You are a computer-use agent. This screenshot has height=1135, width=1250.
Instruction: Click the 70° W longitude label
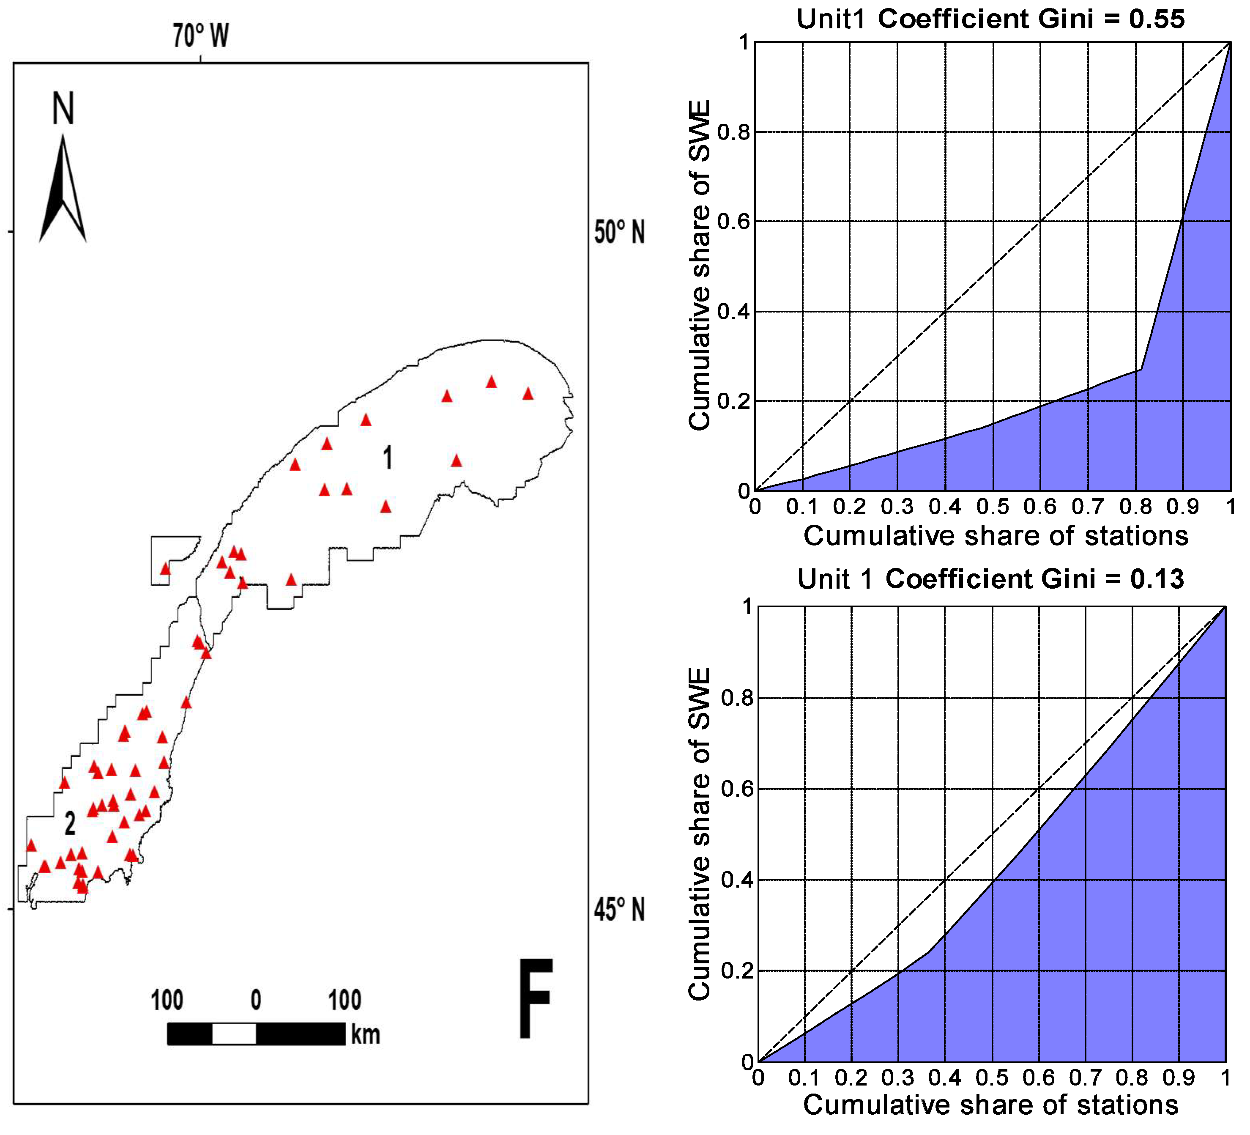200,36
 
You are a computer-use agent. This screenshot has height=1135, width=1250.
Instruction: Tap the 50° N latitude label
619,233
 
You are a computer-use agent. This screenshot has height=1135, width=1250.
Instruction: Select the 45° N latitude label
619,910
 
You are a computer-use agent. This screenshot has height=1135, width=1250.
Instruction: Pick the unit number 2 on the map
70,824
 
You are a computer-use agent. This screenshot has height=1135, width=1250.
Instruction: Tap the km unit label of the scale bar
365,1034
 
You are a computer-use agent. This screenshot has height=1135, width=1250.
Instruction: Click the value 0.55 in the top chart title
1157,19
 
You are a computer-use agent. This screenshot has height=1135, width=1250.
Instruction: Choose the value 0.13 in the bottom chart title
1157,579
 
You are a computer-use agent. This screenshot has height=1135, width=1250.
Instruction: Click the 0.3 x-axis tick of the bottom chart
898,1078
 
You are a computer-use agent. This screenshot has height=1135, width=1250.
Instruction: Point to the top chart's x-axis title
996,536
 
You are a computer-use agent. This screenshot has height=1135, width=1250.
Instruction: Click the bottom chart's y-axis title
700,834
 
